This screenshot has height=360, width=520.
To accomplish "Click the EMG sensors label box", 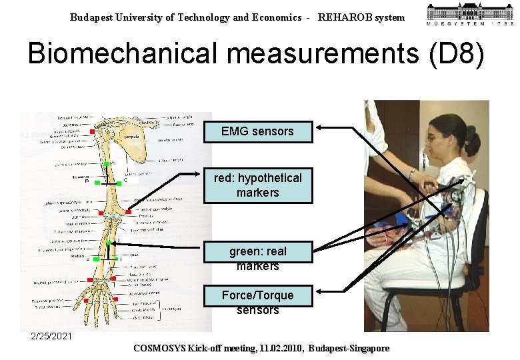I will (x=257, y=131).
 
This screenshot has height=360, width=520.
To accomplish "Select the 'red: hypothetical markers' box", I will (x=257, y=185).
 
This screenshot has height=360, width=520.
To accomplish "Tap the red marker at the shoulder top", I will (x=102, y=131).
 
